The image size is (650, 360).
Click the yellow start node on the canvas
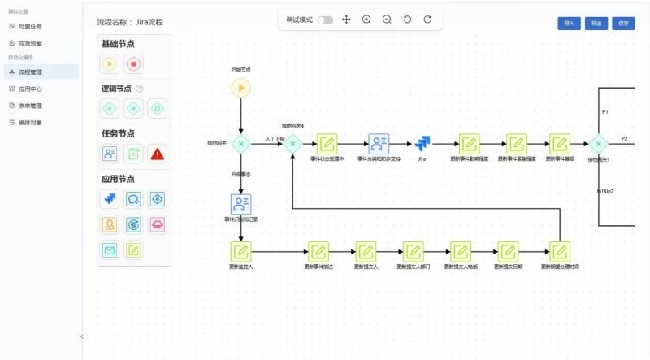click(x=241, y=88)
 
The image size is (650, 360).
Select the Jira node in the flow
click(x=422, y=144)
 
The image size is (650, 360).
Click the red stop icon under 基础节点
click(x=134, y=63)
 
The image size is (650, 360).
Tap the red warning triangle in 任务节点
click(x=158, y=152)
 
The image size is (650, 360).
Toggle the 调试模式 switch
click(x=325, y=20)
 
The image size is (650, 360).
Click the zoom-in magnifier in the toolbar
click(x=366, y=20)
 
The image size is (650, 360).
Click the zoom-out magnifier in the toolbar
click(x=387, y=20)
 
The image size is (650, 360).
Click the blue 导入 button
click(x=569, y=24)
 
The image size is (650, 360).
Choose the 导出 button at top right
click(x=596, y=24)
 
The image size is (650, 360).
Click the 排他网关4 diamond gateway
click(x=292, y=144)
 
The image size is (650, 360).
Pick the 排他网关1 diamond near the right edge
click(x=599, y=144)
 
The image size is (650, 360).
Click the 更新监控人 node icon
click(x=241, y=251)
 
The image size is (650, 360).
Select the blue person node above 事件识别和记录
click(x=241, y=203)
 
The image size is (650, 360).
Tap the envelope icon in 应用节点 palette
click(x=110, y=250)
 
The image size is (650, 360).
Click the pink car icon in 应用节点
click(x=158, y=224)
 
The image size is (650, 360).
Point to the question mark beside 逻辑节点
click(x=139, y=89)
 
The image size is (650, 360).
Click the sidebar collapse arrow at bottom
click(x=82, y=336)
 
